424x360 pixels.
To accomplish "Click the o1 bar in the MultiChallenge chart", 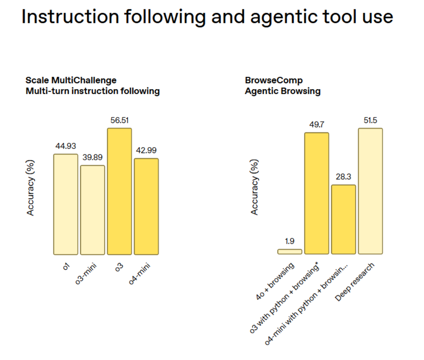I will (x=66, y=204).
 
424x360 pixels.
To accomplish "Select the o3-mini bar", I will (x=92, y=210).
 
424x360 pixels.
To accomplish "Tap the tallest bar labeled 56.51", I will (x=119, y=191).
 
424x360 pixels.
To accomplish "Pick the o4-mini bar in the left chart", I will (x=146, y=207).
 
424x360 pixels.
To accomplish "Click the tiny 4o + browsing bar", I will (x=290, y=251).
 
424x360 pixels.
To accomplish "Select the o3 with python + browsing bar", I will (x=316, y=193).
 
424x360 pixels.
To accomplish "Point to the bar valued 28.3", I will (x=343, y=220).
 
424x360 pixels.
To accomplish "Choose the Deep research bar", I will (x=370, y=191).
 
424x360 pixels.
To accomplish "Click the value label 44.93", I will (x=66, y=146).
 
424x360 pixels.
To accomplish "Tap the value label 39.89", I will (x=92, y=157).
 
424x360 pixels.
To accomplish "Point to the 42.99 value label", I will (x=146, y=151).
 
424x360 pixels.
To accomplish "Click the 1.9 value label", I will (x=290, y=241).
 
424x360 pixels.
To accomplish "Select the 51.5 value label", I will (x=370, y=120).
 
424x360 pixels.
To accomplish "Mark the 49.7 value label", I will (x=316, y=125).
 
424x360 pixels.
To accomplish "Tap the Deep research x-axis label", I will (x=355, y=282).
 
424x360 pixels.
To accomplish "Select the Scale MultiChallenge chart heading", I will (x=71, y=80).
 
